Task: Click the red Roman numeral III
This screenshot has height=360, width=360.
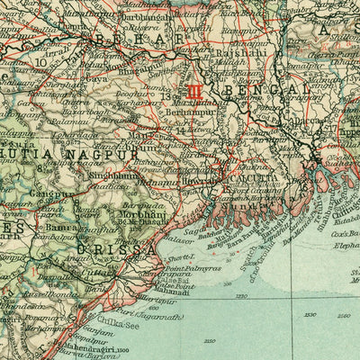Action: pyautogui.click(x=195, y=91)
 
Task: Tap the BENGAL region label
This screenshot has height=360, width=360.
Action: pyautogui.click(x=260, y=91)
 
